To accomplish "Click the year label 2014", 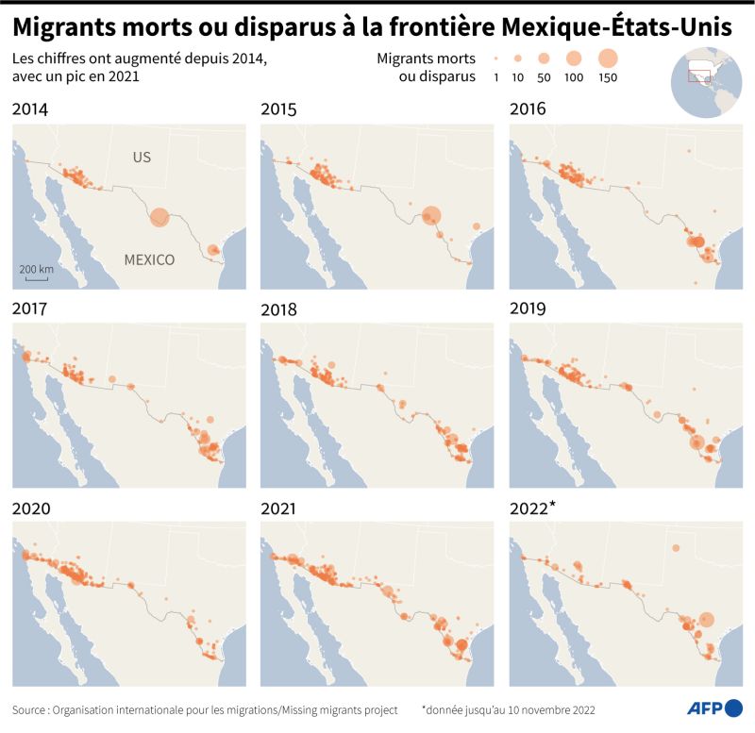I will pyautogui.click(x=30, y=109).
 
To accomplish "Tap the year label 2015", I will pyautogui.click(x=278, y=109).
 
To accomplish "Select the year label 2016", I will pyautogui.click(x=528, y=109).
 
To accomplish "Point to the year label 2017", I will pyautogui.click(x=30, y=308).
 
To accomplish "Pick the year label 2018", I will pyautogui.click(x=278, y=308).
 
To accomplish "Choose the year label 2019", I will pyautogui.click(x=528, y=308).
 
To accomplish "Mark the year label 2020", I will pyautogui.click(x=30, y=508).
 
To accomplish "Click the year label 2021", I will pyautogui.click(x=278, y=508).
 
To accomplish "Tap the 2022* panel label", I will pyautogui.click(x=532, y=508).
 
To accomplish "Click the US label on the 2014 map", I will pyautogui.click(x=142, y=158).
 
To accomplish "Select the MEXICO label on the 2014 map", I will pyautogui.click(x=149, y=259).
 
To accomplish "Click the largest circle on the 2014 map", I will pyautogui.click(x=159, y=218).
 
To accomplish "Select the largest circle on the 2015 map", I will pyautogui.click(x=431, y=216).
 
